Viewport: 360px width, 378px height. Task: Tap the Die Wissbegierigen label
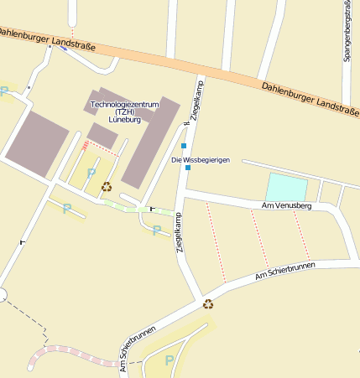pyautogui.click(x=200, y=160)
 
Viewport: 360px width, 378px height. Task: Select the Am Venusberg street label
pyautogui.click(x=286, y=205)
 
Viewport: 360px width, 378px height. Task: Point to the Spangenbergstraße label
pyautogui.click(x=347, y=30)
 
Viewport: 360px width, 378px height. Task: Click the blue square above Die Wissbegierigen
pyautogui.click(x=184, y=146)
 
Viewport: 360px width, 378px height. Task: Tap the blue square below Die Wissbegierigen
pyautogui.click(x=188, y=168)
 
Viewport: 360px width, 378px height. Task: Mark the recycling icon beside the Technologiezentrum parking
pyautogui.click(x=107, y=187)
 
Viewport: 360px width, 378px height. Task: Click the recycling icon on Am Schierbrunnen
pyautogui.click(x=208, y=304)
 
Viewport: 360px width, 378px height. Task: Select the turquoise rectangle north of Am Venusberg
pyautogui.click(x=286, y=186)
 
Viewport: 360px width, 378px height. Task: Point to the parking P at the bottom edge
pyautogui.click(x=170, y=360)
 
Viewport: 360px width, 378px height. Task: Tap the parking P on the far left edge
pyautogui.click(x=4, y=91)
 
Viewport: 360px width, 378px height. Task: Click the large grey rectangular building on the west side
pyautogui.click(x=37, y=142)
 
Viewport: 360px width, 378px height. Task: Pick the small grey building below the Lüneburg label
pyautogui.click(x=102, y=135)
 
